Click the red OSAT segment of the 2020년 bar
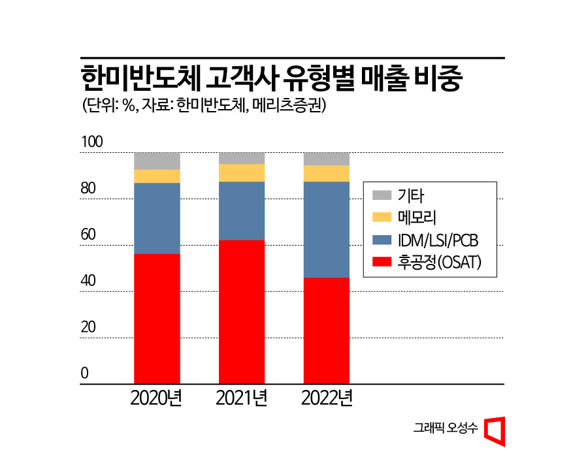coord(157,318)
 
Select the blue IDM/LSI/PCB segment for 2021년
coord(242,210)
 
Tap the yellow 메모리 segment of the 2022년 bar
coord(327,173)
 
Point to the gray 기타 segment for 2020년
coord(157,161)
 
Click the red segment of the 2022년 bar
coord(327,331)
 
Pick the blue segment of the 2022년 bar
coord(327,229)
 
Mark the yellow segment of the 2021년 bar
coord(242,172)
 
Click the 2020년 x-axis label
coord(157,398)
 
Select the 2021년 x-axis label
coord(242,398)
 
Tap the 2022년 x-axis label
coord(327,398)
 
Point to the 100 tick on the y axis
coord(92,142)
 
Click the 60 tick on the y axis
coord(88,235)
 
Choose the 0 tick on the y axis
coord(84,374)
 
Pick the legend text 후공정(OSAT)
coord(439,262)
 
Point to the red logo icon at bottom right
coord(495,429)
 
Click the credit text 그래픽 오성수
coord(446,428)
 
